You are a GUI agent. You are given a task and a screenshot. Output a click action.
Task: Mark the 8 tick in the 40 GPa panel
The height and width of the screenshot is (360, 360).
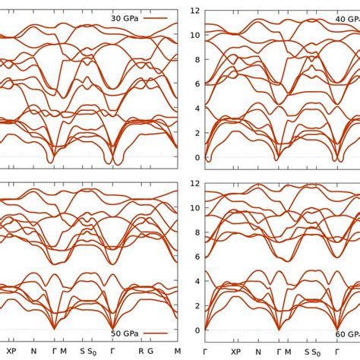point(196,59)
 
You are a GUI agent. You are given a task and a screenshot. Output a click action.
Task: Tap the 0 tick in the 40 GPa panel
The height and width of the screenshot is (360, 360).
point(196,157)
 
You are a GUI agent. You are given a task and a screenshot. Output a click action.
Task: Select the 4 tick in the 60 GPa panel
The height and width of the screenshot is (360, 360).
point(196,281)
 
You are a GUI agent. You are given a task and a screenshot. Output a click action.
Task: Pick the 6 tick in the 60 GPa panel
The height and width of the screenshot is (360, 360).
point(196,257)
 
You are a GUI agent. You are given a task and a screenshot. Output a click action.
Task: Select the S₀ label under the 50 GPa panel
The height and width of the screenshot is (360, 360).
point(90,352)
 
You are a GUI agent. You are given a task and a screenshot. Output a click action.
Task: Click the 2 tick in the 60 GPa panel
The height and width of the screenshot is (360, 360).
point(196,306)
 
